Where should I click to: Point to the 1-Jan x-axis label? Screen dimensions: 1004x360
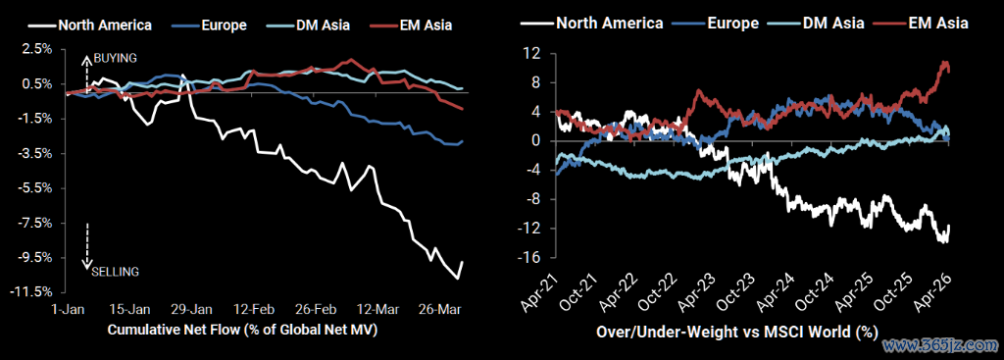pos(65,309)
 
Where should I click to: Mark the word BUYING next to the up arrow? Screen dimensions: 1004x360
pos(116,58)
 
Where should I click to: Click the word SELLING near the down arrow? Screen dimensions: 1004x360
pos(116,272)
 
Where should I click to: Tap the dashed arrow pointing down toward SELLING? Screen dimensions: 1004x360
pos(87,246)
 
